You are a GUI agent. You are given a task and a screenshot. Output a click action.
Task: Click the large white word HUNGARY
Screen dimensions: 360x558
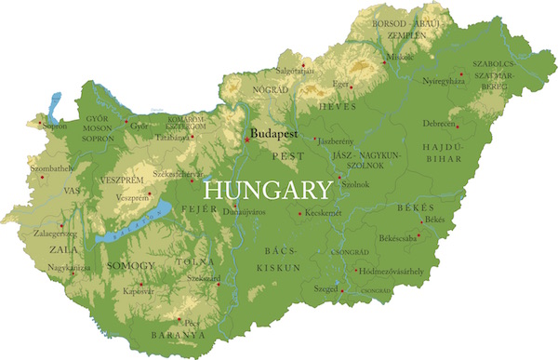[267, 190]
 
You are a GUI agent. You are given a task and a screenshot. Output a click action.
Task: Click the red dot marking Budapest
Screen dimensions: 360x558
[246, 140]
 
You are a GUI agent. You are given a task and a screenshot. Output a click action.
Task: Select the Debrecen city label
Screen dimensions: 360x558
[440, 124]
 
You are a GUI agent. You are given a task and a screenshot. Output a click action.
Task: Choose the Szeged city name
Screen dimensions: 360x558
[325, 289]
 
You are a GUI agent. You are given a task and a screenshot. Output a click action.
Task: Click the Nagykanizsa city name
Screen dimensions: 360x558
[70, 267]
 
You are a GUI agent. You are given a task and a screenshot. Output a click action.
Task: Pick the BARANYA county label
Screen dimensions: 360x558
[178, 334]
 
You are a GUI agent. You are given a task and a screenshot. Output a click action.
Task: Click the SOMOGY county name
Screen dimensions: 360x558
[132, 266]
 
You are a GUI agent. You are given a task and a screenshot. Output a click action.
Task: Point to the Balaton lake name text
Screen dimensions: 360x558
[120, 235]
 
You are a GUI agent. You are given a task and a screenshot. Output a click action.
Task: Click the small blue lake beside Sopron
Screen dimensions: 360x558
[56, 103]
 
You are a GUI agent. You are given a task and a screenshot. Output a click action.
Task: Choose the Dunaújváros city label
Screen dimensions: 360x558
[245, 212]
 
